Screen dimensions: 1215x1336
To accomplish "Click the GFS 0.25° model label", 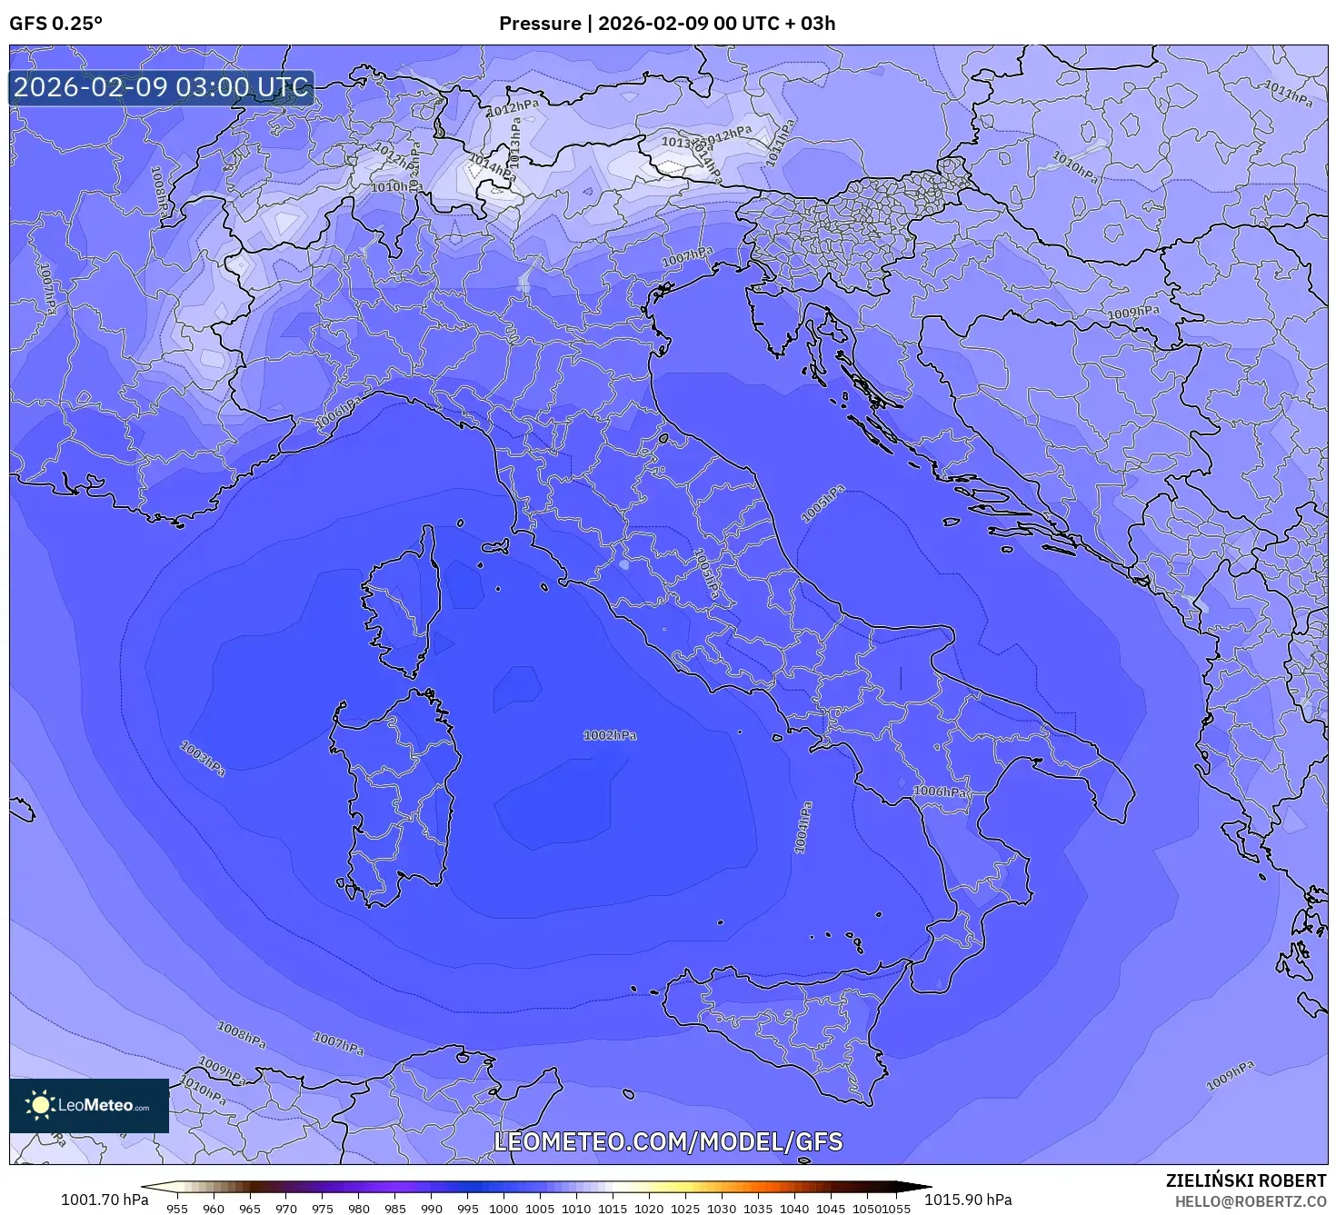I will (x=55, y=24).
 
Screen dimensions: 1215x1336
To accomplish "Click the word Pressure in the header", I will (x=539, y=24).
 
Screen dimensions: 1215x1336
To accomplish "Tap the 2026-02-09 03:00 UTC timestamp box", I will (x=161, y=88).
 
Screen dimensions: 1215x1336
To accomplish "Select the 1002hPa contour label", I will (x=610, y=735).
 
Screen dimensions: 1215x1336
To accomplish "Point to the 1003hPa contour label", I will (x=203, y=759).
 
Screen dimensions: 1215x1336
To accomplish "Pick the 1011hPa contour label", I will (x=1289, y=94).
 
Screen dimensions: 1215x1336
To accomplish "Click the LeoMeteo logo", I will (x=89, y=1105).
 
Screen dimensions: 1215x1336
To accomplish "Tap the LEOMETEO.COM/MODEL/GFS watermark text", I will (x=668, y=1142).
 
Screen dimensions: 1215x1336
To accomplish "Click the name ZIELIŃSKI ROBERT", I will (x=1245, y=1180).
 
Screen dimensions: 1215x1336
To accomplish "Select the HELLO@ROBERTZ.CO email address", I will (x=1250, y=1201).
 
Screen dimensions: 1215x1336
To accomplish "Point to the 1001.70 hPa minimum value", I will (x=105, y=1200).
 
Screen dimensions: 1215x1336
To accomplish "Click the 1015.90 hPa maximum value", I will (x=968, y=1200).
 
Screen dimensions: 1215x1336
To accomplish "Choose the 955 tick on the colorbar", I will (x=177, y=1209).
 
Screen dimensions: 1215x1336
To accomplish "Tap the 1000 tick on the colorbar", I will (x=503, y=1209).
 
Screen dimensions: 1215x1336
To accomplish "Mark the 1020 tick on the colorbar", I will (x=649, y=1209).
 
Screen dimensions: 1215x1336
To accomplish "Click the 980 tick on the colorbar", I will (x=359, y=1209).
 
